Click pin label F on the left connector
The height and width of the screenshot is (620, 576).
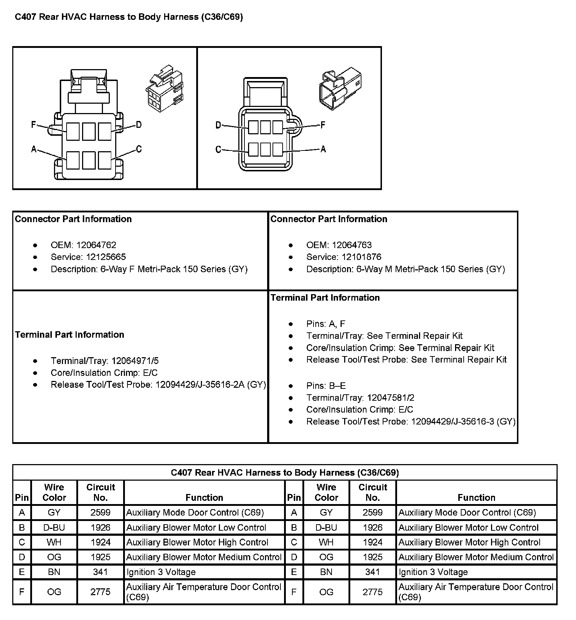coord(33,125)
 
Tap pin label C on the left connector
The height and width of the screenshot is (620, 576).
coord(139,149)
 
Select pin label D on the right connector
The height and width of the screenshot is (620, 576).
coord(218,125)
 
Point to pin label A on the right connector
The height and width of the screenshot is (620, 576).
coord(323,149)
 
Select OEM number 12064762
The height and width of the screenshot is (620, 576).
coord(96,245)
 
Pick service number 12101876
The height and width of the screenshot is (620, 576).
coord(361,257)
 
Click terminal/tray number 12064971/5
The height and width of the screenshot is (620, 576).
coord(135,361)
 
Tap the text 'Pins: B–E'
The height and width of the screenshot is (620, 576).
coord(326,386)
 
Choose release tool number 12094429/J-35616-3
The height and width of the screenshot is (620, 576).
coord(453,422)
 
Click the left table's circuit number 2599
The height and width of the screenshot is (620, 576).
coord(100,512)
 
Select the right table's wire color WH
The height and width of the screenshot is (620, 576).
coord(326,542)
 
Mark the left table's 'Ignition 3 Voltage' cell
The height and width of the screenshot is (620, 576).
coord(161,572)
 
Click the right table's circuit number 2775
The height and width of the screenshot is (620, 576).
coord(373,592)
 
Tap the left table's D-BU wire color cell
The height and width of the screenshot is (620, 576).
coord(54,527)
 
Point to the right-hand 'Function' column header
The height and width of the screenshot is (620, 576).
coord(476,498)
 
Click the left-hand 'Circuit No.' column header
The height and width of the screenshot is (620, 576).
coord(100,492)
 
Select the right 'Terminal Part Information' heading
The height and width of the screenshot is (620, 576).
coord(325,298)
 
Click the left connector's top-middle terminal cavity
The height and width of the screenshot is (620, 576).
coord(89,131)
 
